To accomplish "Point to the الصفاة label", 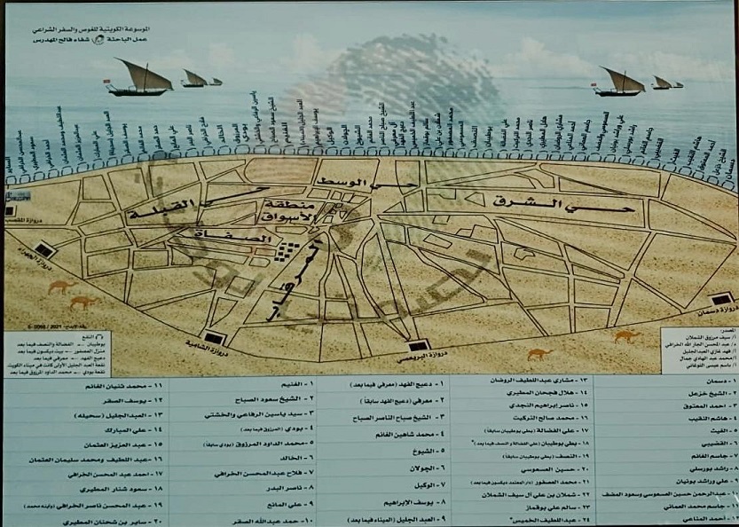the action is pyautogui.click(x=216, y=237).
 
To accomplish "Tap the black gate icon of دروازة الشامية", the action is pyautogui.click(x=213, y=339).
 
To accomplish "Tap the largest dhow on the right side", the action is pyautogui.click(x=619, y=83).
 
